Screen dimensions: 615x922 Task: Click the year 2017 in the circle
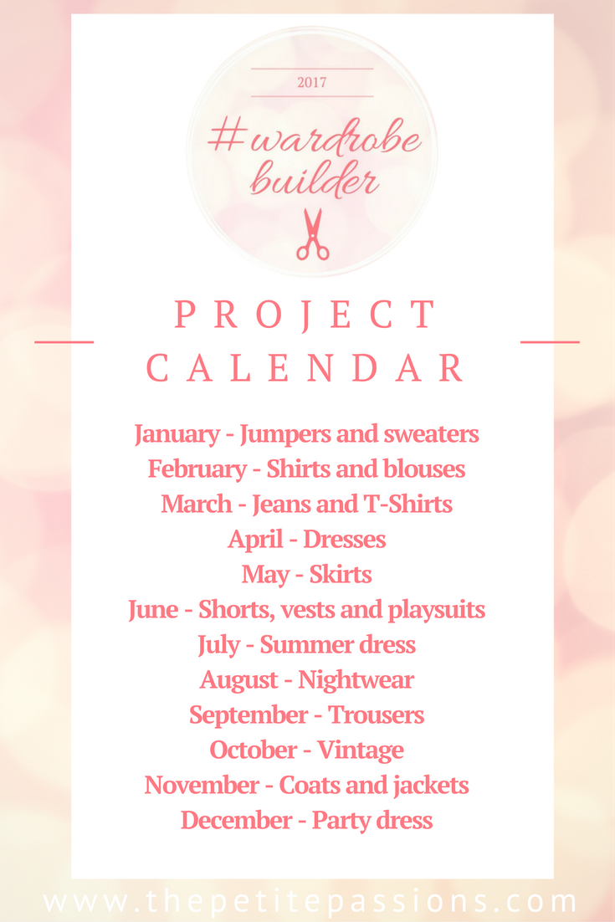tap(311, 82)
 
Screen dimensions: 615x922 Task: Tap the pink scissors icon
tap(313, 234)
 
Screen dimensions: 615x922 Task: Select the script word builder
tap(315, 179)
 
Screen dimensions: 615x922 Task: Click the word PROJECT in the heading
tap(305, 315)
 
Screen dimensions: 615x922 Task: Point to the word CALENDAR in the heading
tap(305, 369)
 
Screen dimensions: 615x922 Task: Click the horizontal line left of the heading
tap(64, 341)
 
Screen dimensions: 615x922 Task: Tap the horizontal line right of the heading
tap(550, 341)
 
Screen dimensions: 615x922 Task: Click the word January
tap(177, 435)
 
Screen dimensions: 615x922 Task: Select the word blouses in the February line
tap(424, 469)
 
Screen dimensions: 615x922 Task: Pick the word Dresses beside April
tap(345, 539)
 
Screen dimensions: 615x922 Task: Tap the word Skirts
tap(341, 575)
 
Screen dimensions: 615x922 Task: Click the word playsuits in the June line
tap(436, 611)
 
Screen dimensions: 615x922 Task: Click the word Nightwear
tap(356, 681)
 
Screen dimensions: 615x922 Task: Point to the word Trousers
tap(376, 715)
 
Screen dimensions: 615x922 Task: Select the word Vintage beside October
tap(361, 750)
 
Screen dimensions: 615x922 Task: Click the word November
tap(202, 785)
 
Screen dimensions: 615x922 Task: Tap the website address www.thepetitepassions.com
tap(310, 901)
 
